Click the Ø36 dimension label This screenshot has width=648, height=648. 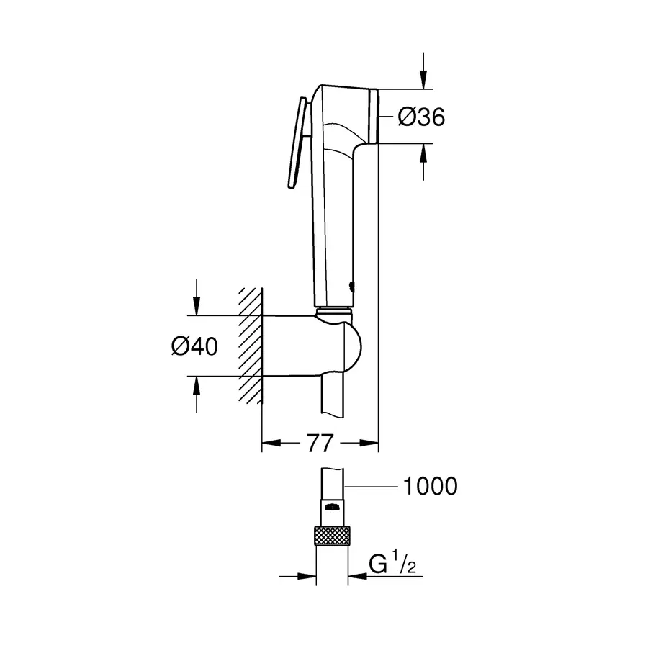tap(421, 117)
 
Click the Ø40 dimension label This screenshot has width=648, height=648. tap(194, 346)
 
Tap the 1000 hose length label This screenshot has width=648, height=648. tap(429, 486)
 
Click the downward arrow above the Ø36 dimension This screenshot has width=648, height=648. tap(423, 81)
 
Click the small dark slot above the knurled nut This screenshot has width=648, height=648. tap(332, 509)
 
